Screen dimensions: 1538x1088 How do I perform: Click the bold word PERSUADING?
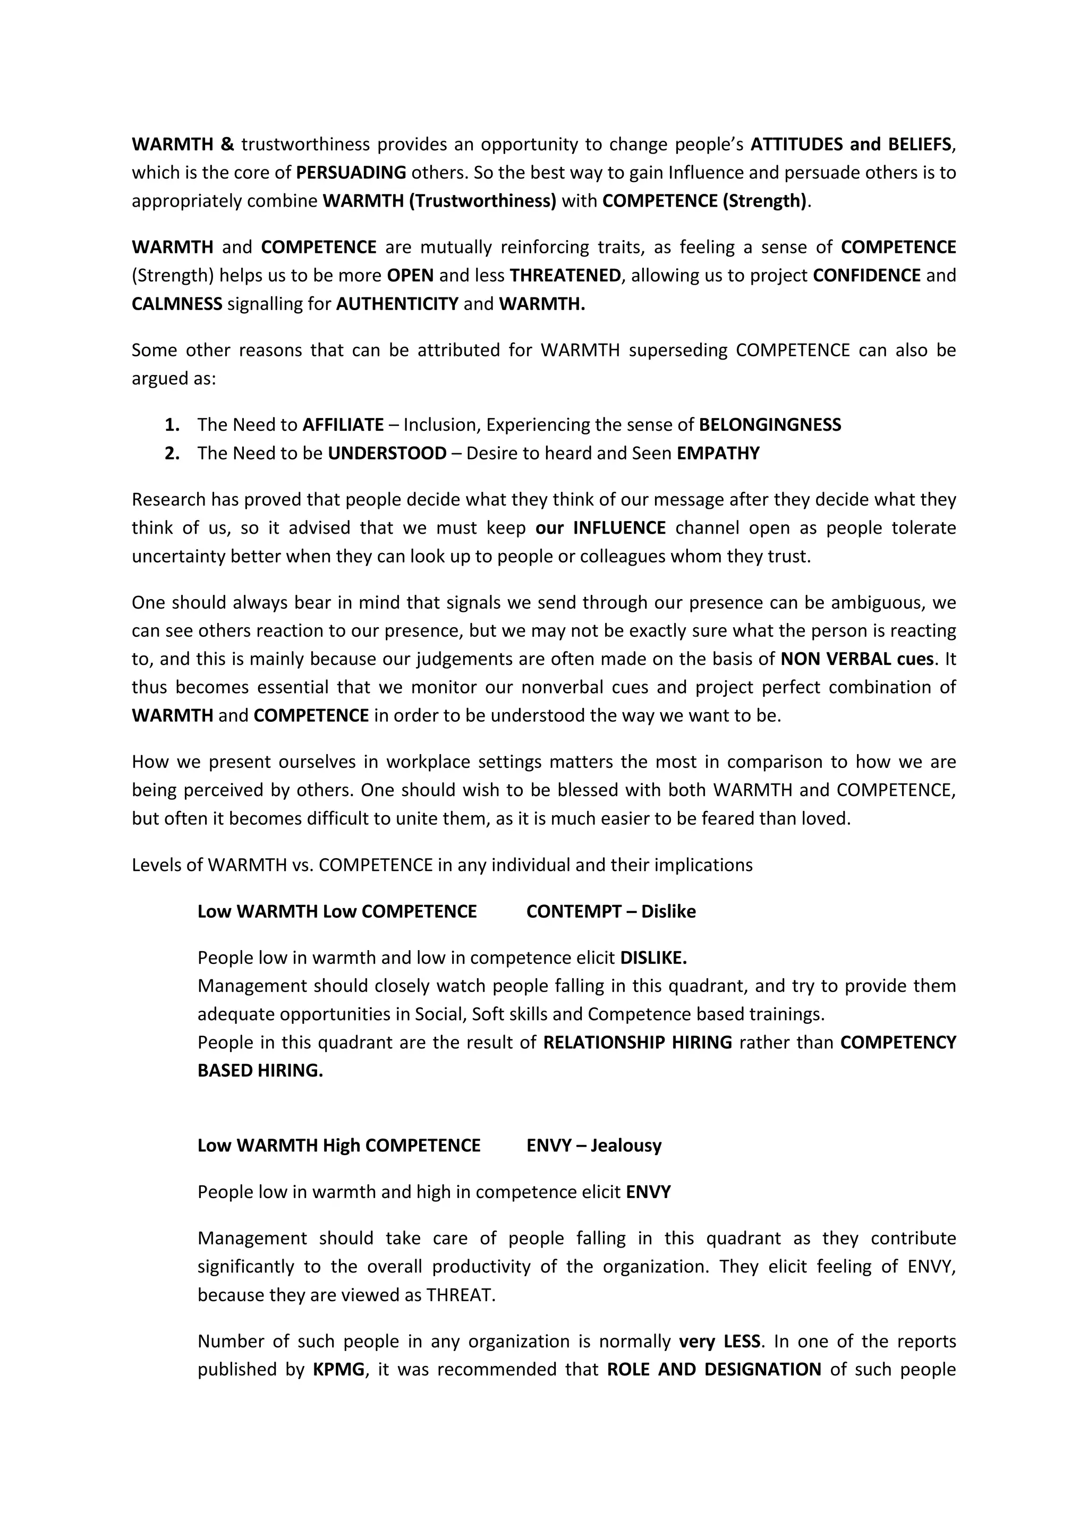[x=351, y=173]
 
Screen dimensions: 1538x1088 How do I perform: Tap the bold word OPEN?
[x=410, y=275]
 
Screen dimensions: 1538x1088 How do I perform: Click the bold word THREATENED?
[x=565, y=275]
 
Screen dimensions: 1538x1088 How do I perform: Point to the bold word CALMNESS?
[x=177, y=304]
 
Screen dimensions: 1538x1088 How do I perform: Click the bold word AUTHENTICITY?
[x=397, y=304]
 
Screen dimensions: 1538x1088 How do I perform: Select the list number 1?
[x=172, y=425]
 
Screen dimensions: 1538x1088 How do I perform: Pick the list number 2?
[x=172, y=454]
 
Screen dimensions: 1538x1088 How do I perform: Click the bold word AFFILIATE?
[x=343, y=425]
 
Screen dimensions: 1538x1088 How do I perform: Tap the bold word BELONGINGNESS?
[x=770, y=425]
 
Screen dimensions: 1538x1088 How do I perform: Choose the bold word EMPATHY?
[x=718, y=454]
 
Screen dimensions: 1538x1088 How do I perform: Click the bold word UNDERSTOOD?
[x=387, y=454]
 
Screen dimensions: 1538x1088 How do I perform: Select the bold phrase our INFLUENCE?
[x=600, y=528]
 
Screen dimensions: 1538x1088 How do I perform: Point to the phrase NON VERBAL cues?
[x=857, y=659]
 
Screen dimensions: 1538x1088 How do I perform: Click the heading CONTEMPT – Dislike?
[x=610, y=912]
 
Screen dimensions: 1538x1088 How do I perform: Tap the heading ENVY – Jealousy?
[x=593, y=1146]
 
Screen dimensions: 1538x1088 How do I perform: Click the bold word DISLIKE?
[x=653, y=958]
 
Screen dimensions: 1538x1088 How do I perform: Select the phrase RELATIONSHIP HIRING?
[x=637, y=1043]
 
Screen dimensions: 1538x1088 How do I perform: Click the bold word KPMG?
[x=339, y=1369]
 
